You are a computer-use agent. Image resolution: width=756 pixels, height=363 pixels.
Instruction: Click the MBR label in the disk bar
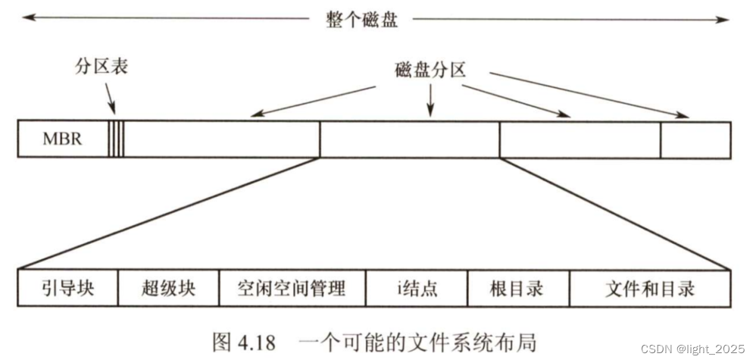click(x=61, y=139)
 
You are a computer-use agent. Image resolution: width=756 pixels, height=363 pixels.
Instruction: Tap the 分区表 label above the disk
click(x=101, y=67)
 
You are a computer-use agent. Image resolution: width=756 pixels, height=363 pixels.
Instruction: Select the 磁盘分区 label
click(x=430, y=69)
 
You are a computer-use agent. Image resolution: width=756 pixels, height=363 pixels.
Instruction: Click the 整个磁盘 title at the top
click(x=361, y=20)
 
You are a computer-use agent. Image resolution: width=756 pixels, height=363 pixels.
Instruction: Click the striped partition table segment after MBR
click(x=116, y=139)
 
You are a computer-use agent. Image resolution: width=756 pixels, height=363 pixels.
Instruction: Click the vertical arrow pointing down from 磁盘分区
click(x=430, y=99)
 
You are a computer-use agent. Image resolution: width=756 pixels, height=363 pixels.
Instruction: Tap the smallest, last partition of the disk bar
click(x=695, y=139)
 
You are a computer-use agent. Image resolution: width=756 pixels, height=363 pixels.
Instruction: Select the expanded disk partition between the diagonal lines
click(x=409, y=139)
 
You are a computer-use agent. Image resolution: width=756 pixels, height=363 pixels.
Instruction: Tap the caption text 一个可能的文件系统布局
click(x=417, y=342)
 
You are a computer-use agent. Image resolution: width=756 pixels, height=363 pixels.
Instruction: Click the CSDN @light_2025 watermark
click(x=692, y=349)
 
